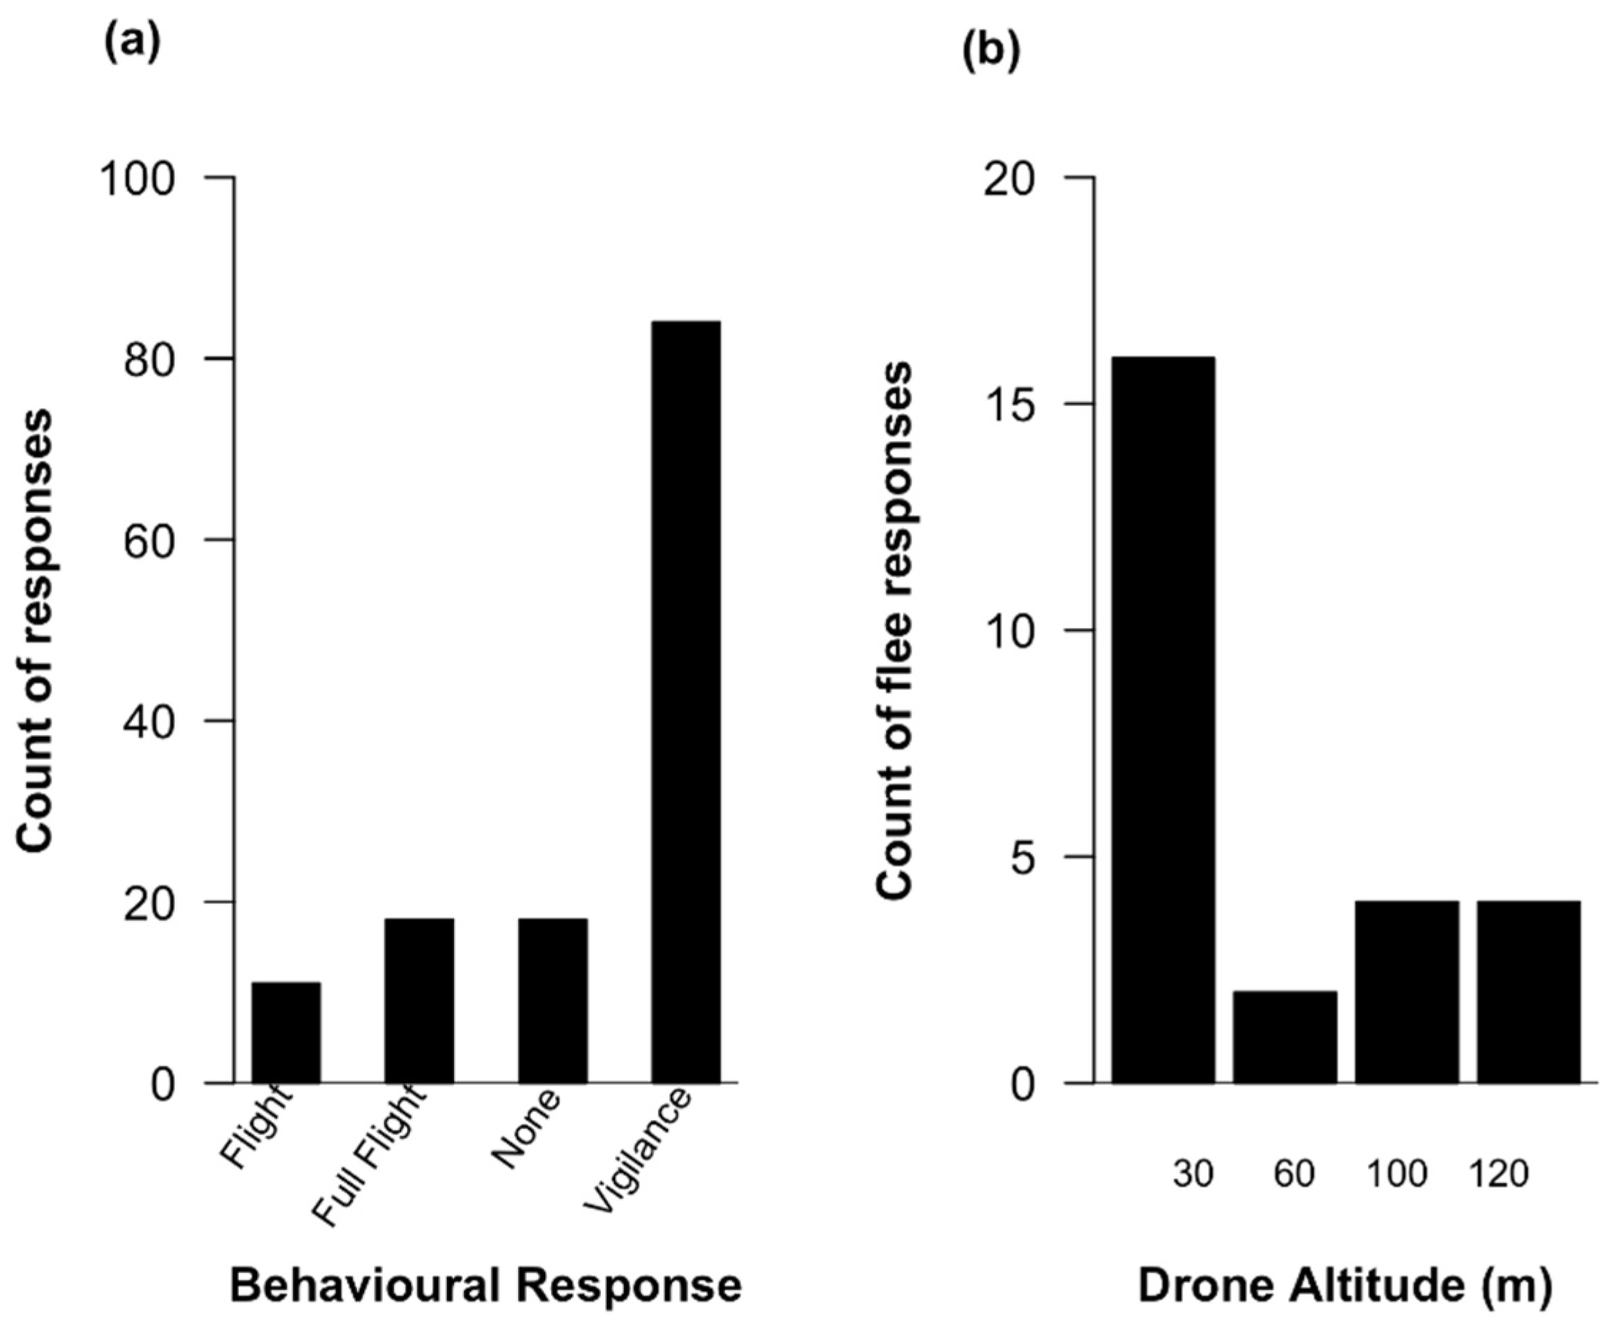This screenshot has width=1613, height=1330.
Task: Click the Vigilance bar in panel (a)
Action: [685, 701]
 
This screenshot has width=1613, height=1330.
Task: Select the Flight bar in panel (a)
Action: [286, 1032]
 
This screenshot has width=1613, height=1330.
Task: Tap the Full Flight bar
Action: [419, 1000]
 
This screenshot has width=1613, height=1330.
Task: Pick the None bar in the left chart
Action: [552, 1000]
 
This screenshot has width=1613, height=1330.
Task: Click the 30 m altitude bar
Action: [1163, 719]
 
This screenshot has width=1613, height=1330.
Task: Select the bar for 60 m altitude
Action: [1284, 1036]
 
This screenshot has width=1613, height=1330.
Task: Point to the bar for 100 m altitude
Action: [1406, 991]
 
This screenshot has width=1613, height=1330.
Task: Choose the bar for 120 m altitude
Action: [1528, 991]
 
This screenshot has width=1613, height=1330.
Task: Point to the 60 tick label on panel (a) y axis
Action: [150, 541]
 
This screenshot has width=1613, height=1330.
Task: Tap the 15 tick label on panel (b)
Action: [1009, 405]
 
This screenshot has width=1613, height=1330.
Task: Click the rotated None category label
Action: [527, 1129]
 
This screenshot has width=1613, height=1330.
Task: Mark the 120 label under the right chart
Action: [1498, 1173]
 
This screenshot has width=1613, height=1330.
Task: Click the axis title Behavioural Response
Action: [486, 1285]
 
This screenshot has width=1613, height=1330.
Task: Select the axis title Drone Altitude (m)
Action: [1345, 1285]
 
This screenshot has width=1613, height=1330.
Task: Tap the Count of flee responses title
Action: [895, 630]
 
